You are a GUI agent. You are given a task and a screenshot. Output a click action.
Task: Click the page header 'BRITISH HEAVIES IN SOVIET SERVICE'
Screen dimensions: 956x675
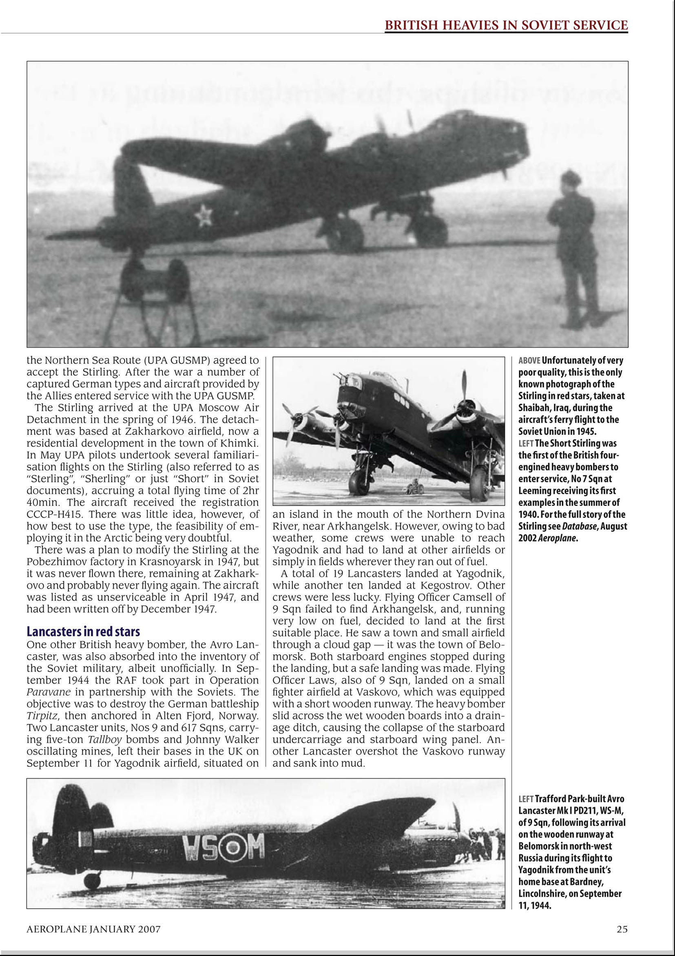click(x=506, y=25)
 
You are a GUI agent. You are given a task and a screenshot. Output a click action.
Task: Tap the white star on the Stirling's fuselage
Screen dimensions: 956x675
click(x=204, y=215)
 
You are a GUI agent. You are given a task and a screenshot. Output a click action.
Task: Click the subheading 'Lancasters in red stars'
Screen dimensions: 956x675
click(x=83, y=631)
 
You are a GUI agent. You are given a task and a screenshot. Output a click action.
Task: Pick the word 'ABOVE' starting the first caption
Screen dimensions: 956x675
click(x=529, y=360)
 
